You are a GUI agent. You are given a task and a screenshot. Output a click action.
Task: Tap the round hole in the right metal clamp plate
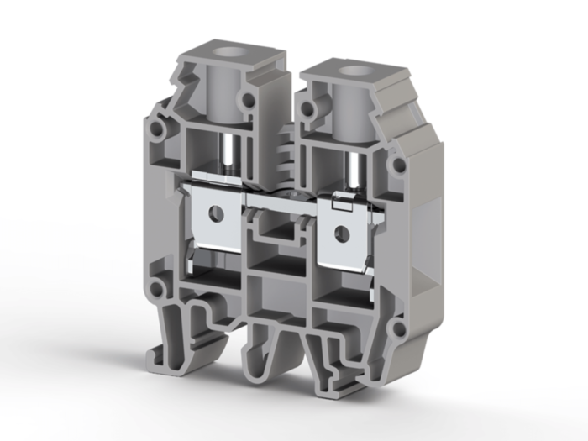click(342, 231)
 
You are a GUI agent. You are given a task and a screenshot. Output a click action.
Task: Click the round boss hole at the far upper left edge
click(157, 132)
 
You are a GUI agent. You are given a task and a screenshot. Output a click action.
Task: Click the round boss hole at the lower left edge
click(157, 291)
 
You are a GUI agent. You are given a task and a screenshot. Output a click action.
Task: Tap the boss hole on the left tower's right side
click(249, 100)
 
